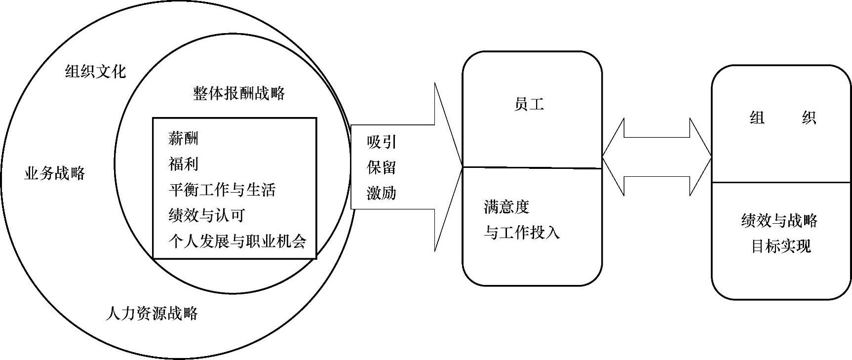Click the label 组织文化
tap(95, 72)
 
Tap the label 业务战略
tap(54, 173)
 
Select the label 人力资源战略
tap(152, 313)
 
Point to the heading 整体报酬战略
tap(239, 93)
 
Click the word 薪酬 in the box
tap(183, 139)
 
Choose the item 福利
tap(183, 164)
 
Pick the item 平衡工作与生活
tap(222, 190)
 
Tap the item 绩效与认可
tap(206, 215)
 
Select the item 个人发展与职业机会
tap(237, 241)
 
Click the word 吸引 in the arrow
tap(382, 142)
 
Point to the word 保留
tap(382, 167)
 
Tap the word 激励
tap(382, 193)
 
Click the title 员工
tap(529, 105)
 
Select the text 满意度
tap(506, 206)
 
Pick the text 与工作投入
tap(521, 232)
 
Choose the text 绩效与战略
tap(779, 220)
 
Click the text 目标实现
tap(780, 246)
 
